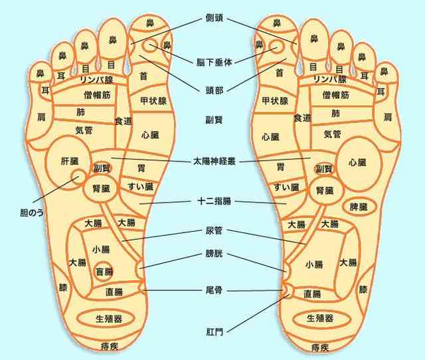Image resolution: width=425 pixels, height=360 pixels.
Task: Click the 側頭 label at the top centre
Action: pos(214,18)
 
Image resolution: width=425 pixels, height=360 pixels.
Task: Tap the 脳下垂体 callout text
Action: pos(214,62)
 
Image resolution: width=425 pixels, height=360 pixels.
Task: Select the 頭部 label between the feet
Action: pos(214,90)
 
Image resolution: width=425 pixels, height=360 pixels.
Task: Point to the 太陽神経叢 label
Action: pos(214,161)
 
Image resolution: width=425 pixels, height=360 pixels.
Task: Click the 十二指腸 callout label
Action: pos(214,201)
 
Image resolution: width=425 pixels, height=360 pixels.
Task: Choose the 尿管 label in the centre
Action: pos(214,230)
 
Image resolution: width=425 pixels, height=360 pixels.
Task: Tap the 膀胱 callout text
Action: pos(214,254)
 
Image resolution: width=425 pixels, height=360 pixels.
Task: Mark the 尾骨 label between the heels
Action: pos(214,290)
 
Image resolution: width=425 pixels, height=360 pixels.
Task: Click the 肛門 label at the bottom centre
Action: pos(214,331)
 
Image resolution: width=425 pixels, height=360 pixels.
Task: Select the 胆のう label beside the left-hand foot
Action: pos(32,213)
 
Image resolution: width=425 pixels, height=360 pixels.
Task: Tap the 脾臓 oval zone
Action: pos(359,207)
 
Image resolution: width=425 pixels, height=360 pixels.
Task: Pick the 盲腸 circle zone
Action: pos(104,271)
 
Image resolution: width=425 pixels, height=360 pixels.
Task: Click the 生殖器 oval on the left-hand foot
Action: pos(106,319)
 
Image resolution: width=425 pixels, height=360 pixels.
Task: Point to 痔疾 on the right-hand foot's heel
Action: pos(320,347)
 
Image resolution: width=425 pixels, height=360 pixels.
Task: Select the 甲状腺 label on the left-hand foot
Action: pos(153,101)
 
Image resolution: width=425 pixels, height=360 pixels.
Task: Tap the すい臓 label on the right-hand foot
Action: pos(286,187)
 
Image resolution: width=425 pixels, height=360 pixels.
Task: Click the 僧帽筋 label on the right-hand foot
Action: pos(335,95)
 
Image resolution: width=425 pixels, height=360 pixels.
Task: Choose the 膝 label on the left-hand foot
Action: pos(63,288)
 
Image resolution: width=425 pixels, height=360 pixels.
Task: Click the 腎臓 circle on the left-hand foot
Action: pos(101,188)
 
